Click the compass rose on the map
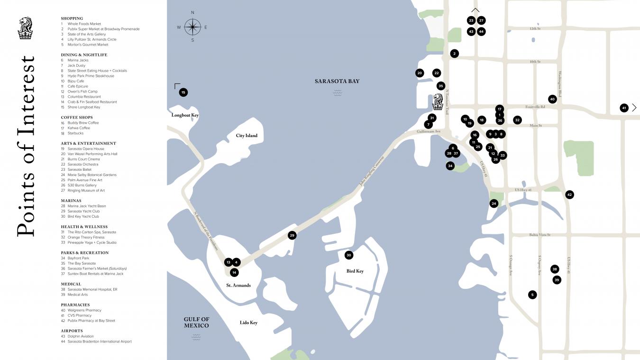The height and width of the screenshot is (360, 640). [x=192, y=27]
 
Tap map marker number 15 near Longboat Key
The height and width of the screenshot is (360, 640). [x=183, y=92]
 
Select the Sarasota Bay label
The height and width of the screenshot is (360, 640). [x=337, y=81]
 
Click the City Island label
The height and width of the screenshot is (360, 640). [x=247, y=136]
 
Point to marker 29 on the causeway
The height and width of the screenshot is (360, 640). [x=292, y=235]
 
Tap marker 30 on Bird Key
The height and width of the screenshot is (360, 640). [x=349, y=255]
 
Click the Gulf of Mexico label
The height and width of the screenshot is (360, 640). [x=196, y=323]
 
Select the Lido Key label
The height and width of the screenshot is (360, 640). [x=248, y=323]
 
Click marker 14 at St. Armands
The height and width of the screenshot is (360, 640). [x=234, y=272]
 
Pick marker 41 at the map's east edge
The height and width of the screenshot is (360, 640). [x=624, y=108]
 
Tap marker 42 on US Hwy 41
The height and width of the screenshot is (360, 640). [x=569, y=194]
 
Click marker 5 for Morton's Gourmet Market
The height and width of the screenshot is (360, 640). [x=532, y=295]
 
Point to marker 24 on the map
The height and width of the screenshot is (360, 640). [x=494, y=203]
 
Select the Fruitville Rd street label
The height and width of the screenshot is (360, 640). [x=535, y=107]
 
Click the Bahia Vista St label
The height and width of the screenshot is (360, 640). [x=539, y=235]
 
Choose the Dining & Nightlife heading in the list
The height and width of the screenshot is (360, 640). [x=84, y=55]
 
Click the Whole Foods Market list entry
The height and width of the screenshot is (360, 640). [x=84, y=24]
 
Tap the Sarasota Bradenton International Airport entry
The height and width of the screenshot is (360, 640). [x=99, y=342]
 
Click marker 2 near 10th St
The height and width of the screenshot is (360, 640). [x=455, y=54]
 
